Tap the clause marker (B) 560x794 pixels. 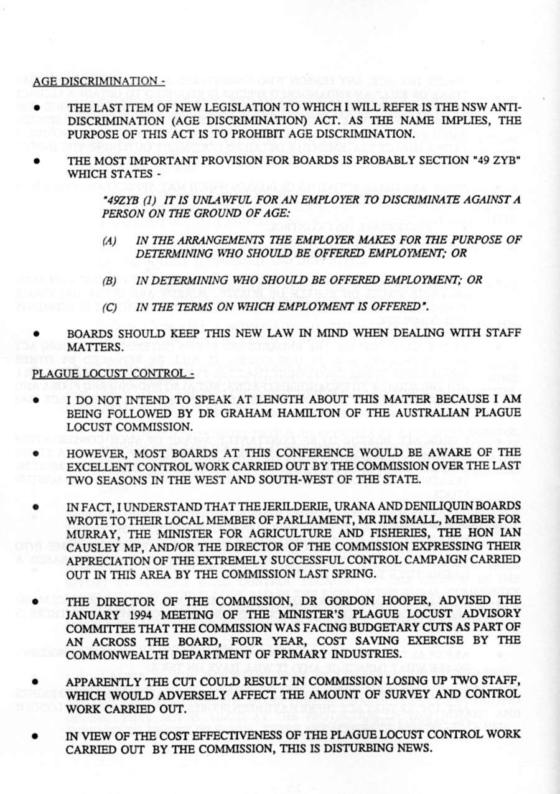point(110,281)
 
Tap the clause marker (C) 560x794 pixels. point(110,306)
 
